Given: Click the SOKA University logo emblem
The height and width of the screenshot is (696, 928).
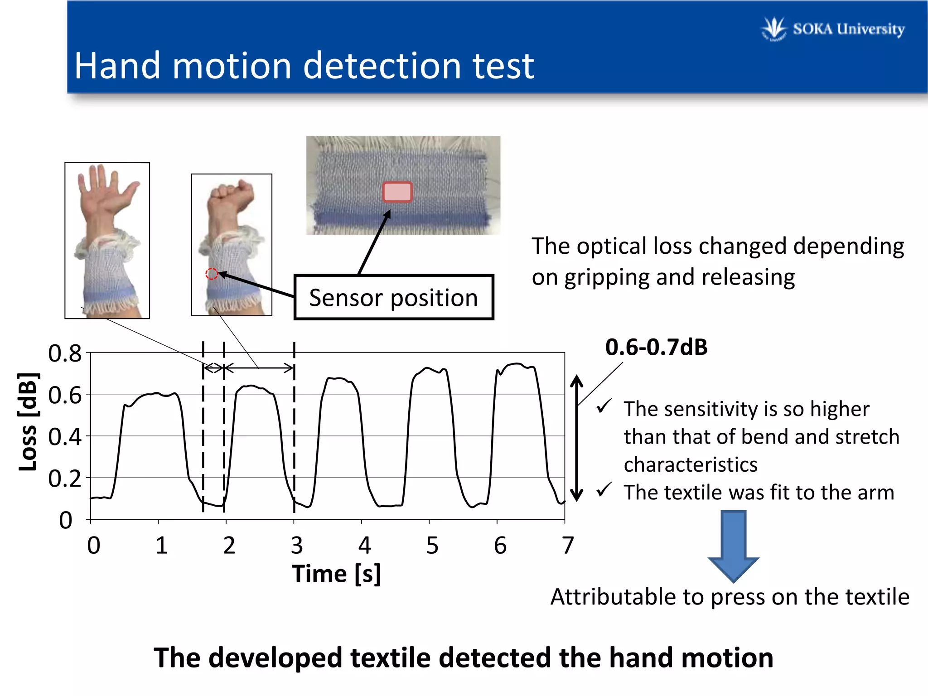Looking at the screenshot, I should coord(774,29).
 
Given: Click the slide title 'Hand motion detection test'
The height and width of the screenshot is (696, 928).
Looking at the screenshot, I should coord(304,66).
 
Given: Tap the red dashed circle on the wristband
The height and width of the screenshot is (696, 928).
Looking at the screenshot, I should coord(211,274).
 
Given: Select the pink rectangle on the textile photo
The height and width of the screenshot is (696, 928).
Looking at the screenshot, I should coord(397,192).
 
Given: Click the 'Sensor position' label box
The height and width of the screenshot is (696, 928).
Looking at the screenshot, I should coord(393,298).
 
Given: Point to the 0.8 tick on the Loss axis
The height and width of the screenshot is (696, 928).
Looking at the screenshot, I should coord(65,353).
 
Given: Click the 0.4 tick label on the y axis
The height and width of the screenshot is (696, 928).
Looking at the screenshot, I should coord(65,437).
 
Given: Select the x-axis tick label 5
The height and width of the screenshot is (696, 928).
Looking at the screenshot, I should coord(432,545).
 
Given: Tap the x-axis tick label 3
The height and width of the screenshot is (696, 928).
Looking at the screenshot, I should coord(296,545).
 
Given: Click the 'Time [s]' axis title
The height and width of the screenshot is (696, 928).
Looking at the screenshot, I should coord(336,574).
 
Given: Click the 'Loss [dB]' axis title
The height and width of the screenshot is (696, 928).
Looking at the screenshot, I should coord(28,422).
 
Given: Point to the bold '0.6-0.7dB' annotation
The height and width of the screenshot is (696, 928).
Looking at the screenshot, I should coord(656,347).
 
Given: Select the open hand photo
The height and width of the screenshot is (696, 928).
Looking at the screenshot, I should coord(107,240).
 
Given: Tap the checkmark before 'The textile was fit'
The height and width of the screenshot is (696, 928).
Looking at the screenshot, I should coord(604,490).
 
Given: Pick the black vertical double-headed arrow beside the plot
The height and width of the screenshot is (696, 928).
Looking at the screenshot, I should coord(576,438).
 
